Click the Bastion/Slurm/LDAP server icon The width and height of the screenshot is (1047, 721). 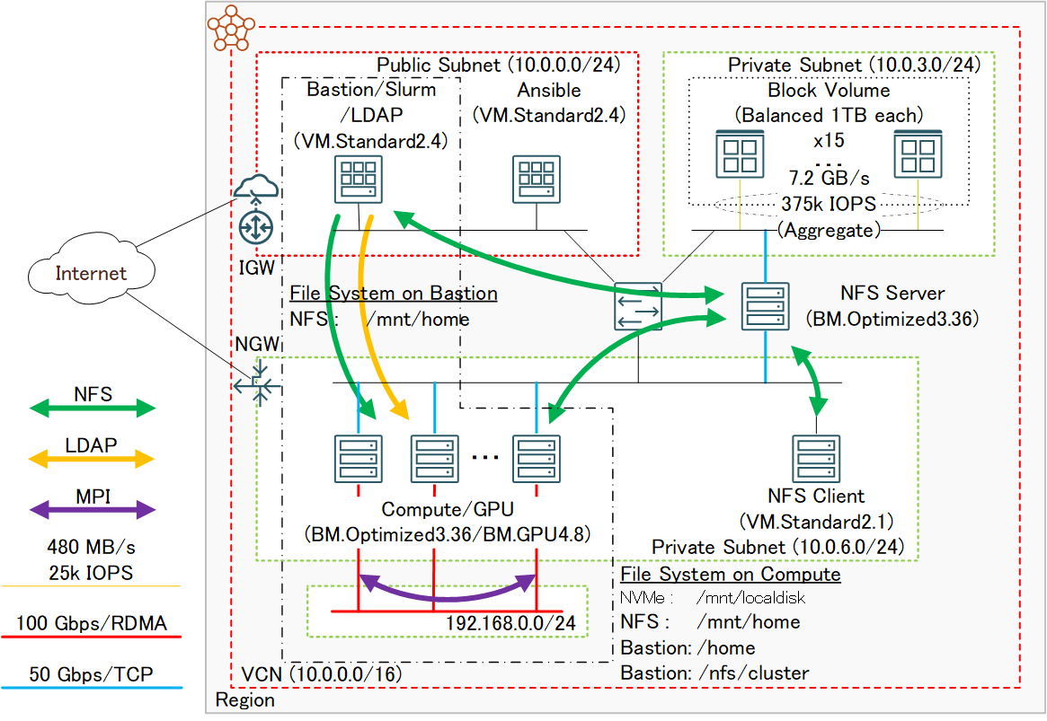tap(358, 180)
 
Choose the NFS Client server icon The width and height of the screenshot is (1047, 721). tap(816, 458)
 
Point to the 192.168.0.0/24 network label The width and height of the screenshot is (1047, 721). tap(510, 623)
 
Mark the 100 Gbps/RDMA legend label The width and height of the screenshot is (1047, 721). tap(92, 623)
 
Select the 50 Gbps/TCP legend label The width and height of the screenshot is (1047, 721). tap(92, 674)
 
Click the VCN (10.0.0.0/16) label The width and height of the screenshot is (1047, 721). tap(321, 674)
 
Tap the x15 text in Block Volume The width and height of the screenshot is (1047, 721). tap(828, 141)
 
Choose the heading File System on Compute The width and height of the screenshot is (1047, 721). tap(731, 575)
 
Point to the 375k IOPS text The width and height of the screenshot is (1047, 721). tap(828, 204)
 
